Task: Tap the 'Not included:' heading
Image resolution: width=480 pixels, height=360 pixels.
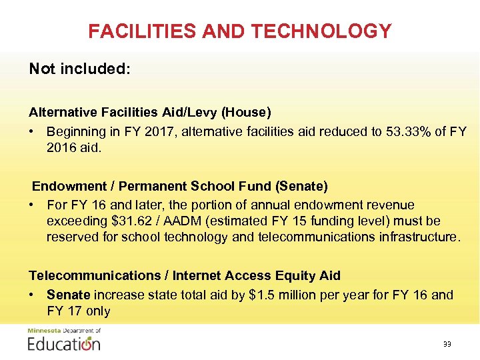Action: click(x=79, y=69)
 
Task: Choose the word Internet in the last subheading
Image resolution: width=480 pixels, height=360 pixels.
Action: click(x=203, y=275)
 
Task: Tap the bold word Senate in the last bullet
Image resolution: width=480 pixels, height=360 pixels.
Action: click(x=69, y=295)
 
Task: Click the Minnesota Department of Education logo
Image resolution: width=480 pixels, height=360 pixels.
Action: click(x=64, y=341)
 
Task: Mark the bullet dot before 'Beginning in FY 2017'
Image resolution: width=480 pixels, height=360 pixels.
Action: click(x=33, y=131)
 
